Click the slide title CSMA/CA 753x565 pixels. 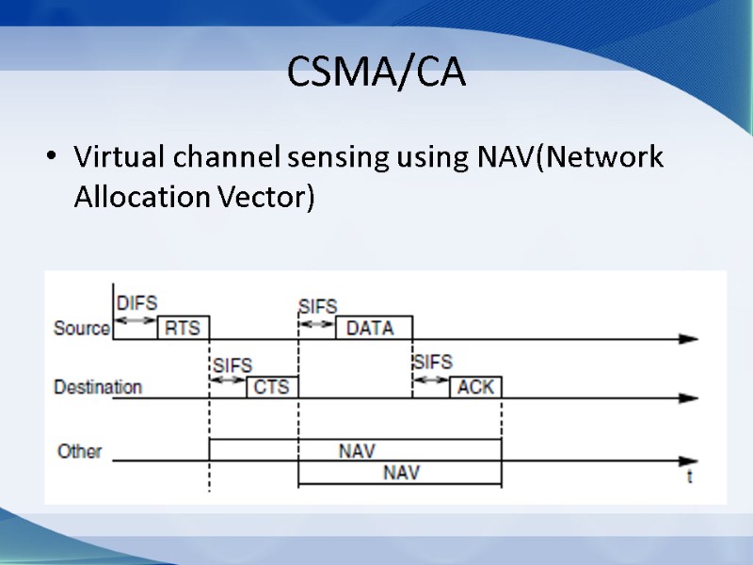pos(376,73)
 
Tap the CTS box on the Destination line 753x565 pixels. pos(272,386)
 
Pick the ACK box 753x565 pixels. pos(475,386)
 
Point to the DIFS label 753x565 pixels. pos(136,303)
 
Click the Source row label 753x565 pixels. pos(82,328)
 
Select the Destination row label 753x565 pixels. pos(98,387)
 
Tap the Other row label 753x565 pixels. pos(79,451)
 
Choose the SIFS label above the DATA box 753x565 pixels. pos(317,307)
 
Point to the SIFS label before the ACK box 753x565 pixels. pos(432,363)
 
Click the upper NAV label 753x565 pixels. pos(357,451)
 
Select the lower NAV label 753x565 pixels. pos(402,473)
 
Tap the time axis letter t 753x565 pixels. pos(690,476)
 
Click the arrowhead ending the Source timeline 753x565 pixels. pos(689,339)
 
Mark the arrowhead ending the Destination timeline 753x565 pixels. pos(689,398)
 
